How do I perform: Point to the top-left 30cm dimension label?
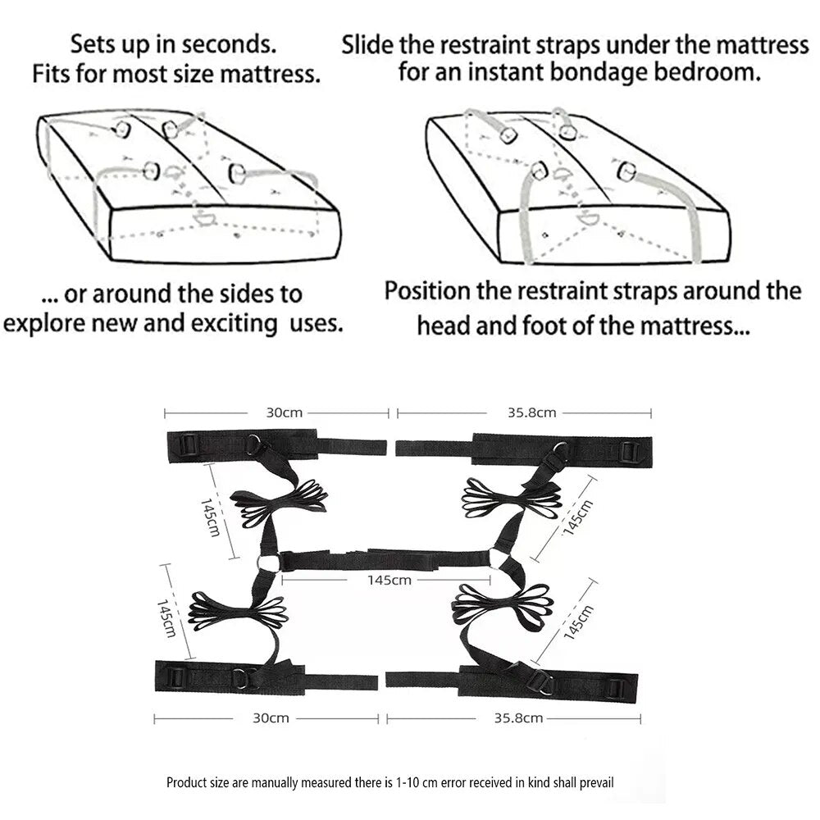pyautogui.click(x=284, y=412)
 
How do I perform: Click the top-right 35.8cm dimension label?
pyautogui.click(x=531, y=412)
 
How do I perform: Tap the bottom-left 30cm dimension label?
pyautogui.click(x=271, y=718)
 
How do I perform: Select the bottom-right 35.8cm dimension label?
pyautogui.click(x=518, y=718)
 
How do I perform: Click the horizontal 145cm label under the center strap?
pyautogui.click(x=389, y=580)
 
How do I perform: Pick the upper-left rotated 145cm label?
pyautogui.click(x=210, y=517)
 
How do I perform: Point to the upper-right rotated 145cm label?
pyautogui.click(x=577, y=517)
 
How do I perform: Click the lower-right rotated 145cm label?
pyautogui.click(x=577, y=622)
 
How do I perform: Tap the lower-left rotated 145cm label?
pyautogui.click(x=167, y=618)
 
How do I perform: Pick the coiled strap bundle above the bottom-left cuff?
pyautogui.click(x=237, y=611)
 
